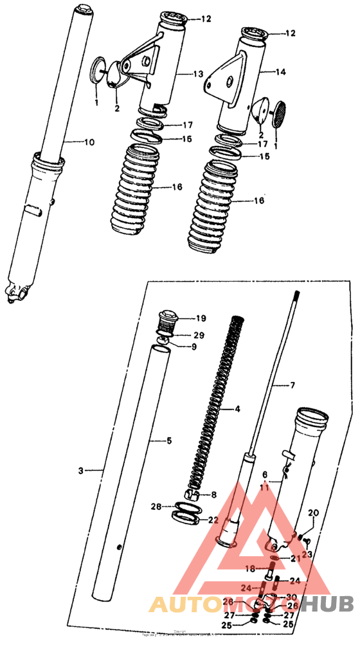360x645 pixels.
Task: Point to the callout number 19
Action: [x=201, y=318]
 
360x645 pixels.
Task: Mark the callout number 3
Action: [x=81, y=471]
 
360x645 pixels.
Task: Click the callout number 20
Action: [x=313, y=513]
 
